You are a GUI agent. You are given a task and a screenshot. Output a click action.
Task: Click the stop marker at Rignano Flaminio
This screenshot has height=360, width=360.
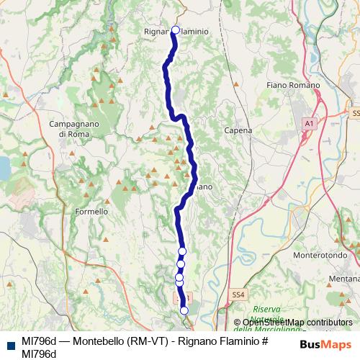click(175, 30)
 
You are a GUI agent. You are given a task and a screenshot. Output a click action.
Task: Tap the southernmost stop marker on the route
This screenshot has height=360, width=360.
click(184, 310)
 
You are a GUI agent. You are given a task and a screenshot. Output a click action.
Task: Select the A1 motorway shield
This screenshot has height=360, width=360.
click(309, 125)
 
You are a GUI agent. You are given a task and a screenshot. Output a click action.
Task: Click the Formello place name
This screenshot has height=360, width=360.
click(91, 212)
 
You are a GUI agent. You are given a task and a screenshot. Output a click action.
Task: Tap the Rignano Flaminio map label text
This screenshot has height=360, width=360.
click(176, 32)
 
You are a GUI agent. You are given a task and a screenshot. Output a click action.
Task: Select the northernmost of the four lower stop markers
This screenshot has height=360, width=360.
click(182, 251)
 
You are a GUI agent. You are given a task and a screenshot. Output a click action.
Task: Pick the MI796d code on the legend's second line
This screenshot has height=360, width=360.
click(39, 353)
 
